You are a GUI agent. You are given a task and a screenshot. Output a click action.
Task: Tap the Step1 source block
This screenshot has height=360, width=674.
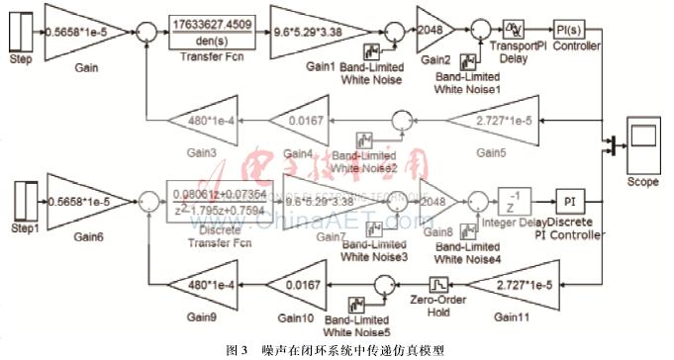coord(19,205)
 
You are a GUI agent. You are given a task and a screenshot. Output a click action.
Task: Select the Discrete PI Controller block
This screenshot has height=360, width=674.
coord(569,202)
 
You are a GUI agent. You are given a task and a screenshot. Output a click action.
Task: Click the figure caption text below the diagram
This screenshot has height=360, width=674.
coord(337,349)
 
